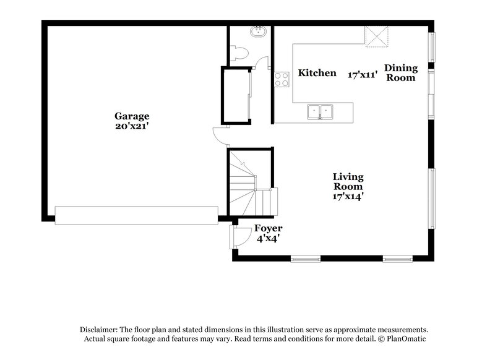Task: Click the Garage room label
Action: (131, 116)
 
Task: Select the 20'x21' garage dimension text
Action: (131, 126)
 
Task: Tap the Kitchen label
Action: (317, 73)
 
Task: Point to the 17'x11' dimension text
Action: (362, 74)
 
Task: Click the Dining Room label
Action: (401, 73)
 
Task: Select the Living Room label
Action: (348, 181)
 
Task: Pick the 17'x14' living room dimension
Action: (348, 196)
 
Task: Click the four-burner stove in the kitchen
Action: (282, 79)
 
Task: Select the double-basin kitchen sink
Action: (321, 112)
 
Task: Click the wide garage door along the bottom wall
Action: (136, 214)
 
